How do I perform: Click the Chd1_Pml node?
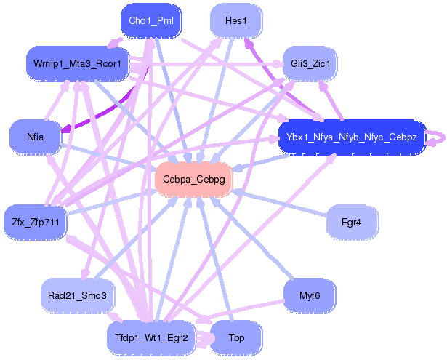150,20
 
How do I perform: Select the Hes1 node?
236,20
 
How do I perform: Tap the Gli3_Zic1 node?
310,63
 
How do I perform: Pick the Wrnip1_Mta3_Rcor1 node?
77,64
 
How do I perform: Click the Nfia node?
35,136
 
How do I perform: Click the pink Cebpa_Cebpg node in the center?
193,179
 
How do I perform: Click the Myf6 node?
310,295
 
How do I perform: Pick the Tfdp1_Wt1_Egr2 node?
150,337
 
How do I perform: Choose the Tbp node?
236,338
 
